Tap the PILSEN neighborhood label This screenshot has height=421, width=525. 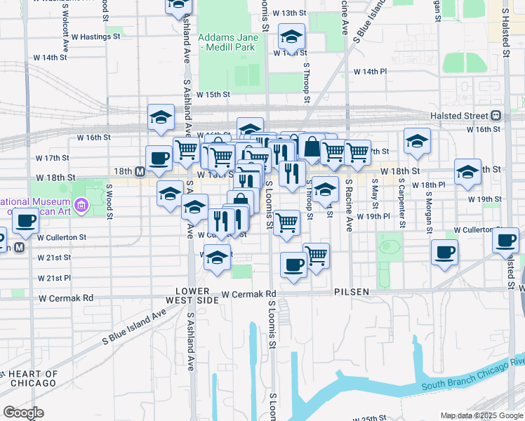pyautogui.click(x=352, y=291)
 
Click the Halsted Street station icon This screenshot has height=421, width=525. pyautogui.click(x=496, y=116)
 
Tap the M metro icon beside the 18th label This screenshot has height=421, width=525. pyautogui.click(x=140, y=171)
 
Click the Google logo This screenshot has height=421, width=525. pyautogui.click(x=23, y=412)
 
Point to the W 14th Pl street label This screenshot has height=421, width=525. pyautogui.click(x=370, y=72)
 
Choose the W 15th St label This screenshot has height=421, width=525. pyautogui.click(x=213, y=94)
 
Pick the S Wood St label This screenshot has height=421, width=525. pyautogui.click(x=109, y=201)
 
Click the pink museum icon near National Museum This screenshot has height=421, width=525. pyautogui.click(x=81, y=206)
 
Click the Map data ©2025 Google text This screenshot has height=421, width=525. pyautogui.click(x=481, y=415)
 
